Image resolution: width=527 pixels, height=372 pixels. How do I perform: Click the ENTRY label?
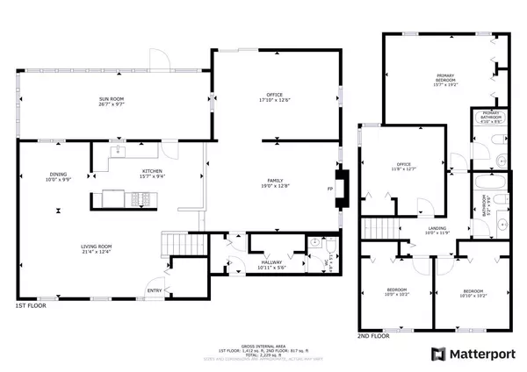click(x=155, y=290)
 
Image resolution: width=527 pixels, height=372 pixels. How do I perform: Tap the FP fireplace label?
click(x=331, y=189)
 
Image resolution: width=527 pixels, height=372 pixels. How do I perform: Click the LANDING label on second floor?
click(x=413, y=228)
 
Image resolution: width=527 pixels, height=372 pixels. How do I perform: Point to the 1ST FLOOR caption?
click(x=31, y=306)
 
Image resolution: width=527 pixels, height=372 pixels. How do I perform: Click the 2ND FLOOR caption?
click(x=373, y=335)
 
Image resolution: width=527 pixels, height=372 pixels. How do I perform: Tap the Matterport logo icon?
click(x=437, y=354)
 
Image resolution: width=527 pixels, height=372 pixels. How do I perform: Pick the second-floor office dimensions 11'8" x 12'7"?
click(x=403, y=168)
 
